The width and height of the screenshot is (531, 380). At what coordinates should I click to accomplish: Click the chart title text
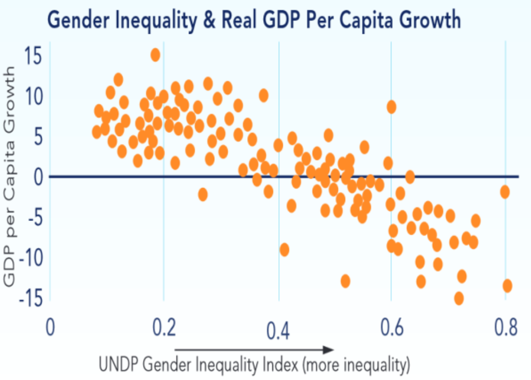[x=254, y=20]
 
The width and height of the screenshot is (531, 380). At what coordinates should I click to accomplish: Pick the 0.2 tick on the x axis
[x=164, y=328]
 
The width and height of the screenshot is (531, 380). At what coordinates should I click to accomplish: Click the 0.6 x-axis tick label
[x=391, y=328]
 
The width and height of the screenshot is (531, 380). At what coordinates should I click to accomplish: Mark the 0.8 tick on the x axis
[x=505, y=328]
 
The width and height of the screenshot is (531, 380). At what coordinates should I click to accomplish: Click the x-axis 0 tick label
[x=50, y=328]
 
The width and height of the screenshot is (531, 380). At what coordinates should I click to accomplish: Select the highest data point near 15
[x=155, y=55]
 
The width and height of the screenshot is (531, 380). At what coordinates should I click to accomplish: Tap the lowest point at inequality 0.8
[x=507, y=285]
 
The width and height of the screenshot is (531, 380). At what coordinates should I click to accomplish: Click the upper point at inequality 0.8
[x=505, y=192]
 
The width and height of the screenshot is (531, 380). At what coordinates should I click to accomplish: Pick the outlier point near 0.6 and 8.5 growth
[x=391, y=107]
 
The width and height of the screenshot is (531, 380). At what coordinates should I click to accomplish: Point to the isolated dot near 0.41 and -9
[x=284, y=250]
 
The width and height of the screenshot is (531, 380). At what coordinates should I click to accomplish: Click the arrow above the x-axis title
[x=254, y=350]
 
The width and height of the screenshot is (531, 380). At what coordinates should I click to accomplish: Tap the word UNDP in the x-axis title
[x=117, y=365]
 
